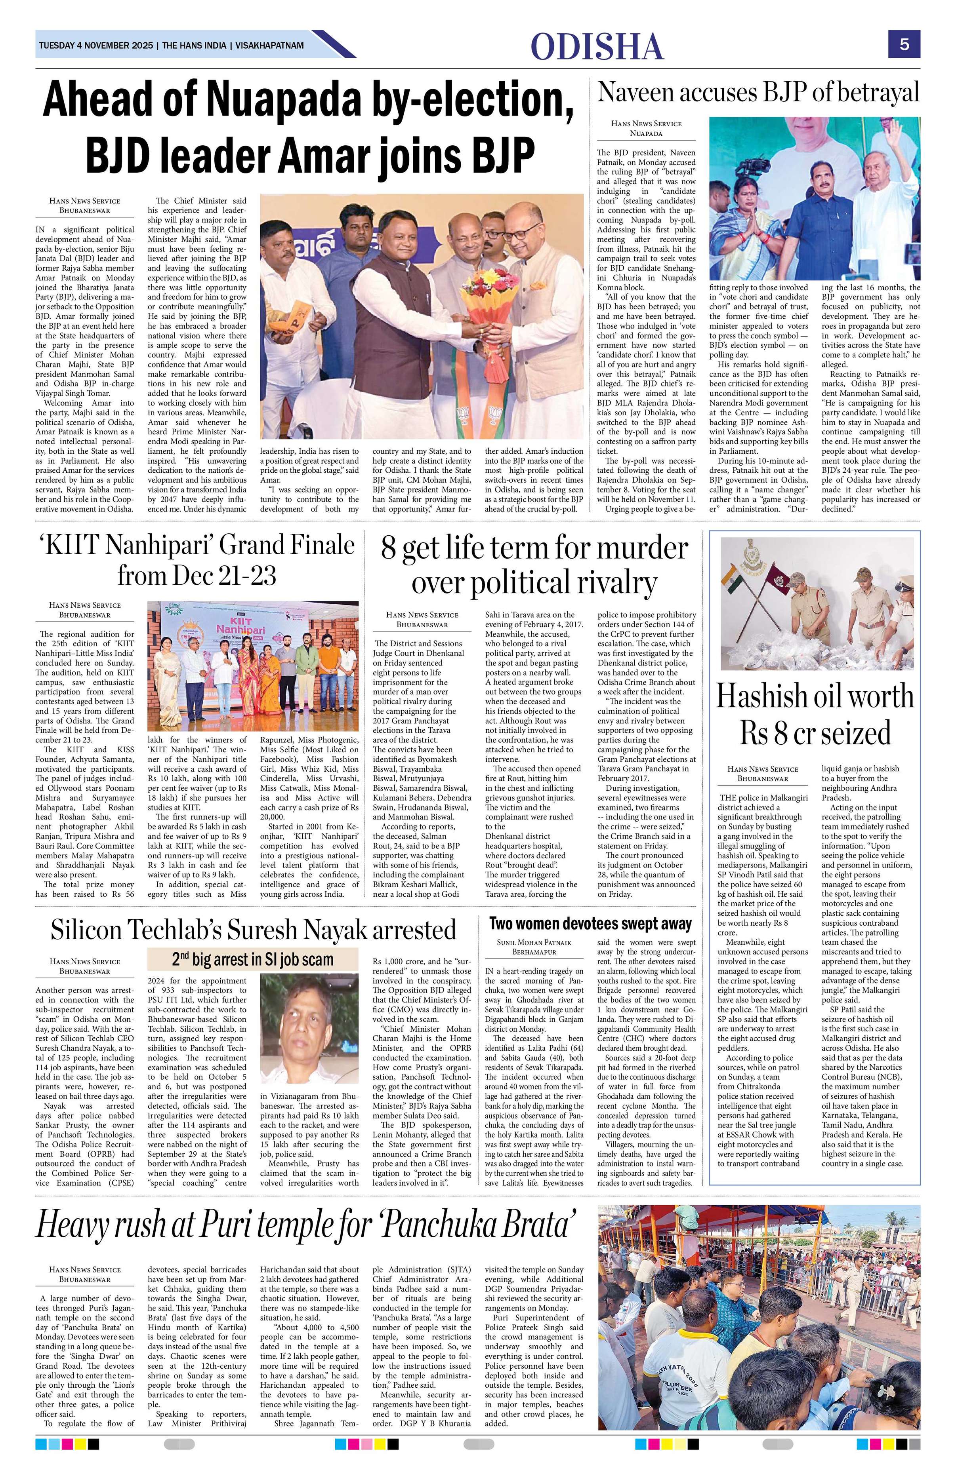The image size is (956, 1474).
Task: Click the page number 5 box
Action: pos(904,45)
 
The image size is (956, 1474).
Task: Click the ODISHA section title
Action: pos(597,47)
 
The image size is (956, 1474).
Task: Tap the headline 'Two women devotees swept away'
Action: pos(590,924)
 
